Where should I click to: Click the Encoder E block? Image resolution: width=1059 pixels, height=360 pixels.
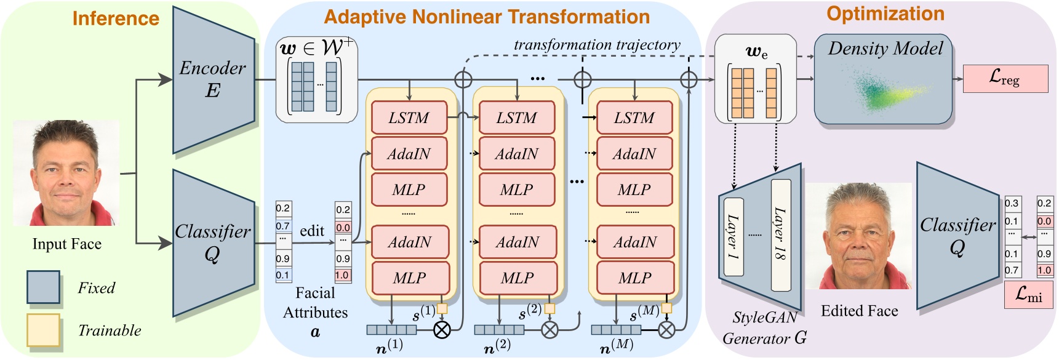(212, 80)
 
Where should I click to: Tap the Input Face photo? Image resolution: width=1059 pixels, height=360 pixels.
(66, 174)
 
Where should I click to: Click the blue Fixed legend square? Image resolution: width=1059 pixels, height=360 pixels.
(43, 287)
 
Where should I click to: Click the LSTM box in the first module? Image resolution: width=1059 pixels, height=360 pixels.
(409, 118)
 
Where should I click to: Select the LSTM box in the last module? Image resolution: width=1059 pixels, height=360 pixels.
(634, 118)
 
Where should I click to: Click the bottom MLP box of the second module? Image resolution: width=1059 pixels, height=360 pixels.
(517, 278)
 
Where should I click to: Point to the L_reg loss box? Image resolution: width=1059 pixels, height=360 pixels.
(1004, 79)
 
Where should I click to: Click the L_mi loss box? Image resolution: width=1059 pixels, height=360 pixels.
(1028, 295)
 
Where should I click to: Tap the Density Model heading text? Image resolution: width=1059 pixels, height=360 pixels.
(885, 49)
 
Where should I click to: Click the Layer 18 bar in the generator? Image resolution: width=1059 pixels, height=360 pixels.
(780, 234)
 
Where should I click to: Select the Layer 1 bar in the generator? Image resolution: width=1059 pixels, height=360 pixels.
(733, 236)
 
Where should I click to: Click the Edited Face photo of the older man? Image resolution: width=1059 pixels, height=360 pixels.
(858, 236)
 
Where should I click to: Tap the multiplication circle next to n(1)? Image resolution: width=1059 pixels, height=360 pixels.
(442, 330)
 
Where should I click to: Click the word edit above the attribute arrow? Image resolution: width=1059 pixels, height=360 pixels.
(312, 231)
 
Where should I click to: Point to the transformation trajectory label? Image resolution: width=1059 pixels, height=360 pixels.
(597, 45)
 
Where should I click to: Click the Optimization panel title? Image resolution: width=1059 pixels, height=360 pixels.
(885, 14)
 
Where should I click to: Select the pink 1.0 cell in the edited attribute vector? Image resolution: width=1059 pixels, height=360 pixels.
(343, 275)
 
